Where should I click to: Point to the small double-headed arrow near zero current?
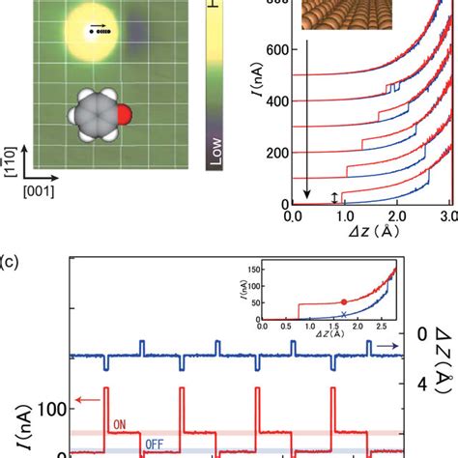[x=335, y=197]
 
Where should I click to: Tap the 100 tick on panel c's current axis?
[x=48, y=409]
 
